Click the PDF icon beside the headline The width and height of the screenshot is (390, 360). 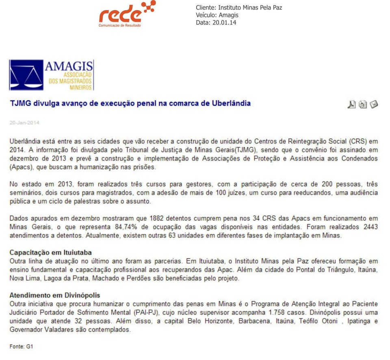(x=351, y=104)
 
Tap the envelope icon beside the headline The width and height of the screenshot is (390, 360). (x=374, y=104)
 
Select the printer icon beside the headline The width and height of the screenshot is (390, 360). (x=363, y=104)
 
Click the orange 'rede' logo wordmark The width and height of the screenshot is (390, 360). (x=120, y=15)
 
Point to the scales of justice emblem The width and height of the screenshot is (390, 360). (x=26, y=75)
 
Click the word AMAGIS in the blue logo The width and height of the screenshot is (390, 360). (x=69, y=67)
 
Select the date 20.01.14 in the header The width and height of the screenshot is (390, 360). (x=224, y=23)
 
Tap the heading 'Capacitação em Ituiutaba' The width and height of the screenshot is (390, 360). (x=50, y=252)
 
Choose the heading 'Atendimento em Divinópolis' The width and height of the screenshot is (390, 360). (x=54, y=295)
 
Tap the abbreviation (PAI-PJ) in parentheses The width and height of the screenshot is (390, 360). (x=149, y=313)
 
